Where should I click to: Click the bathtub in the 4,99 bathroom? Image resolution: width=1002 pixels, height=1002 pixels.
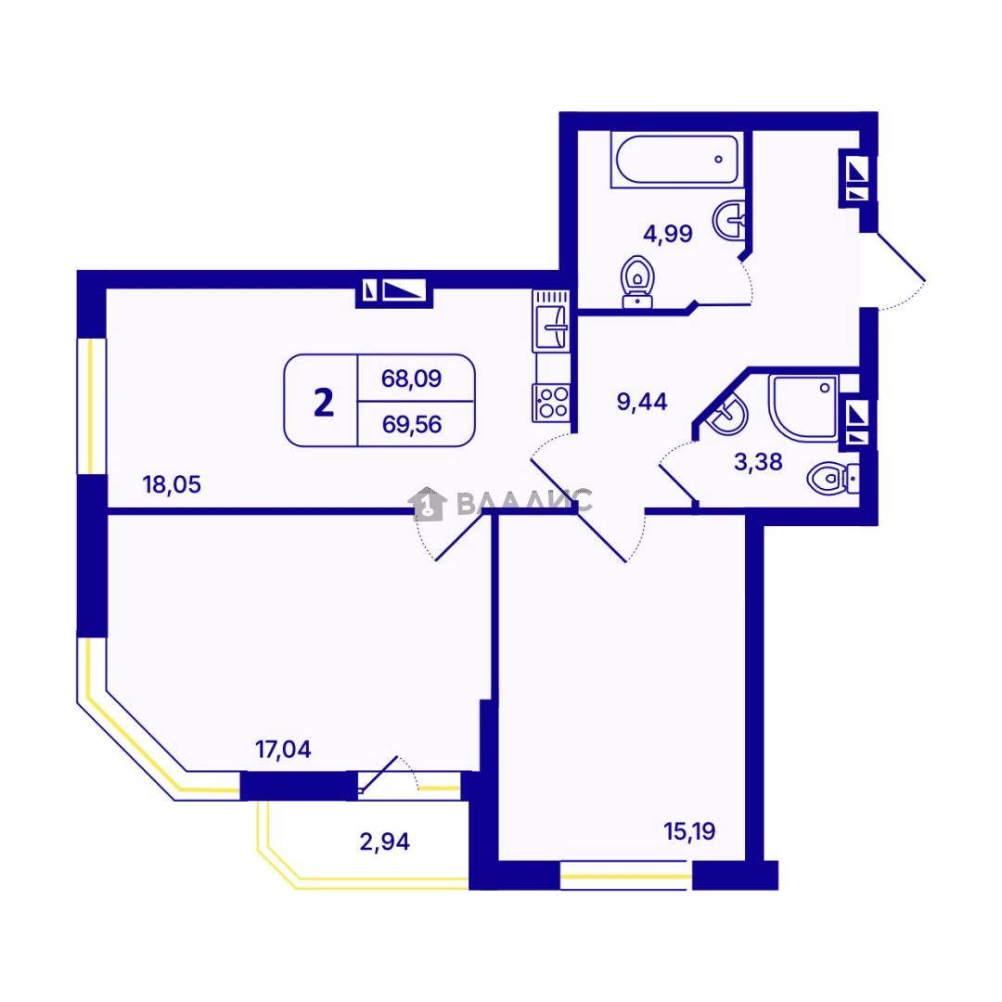[x=676, y=160]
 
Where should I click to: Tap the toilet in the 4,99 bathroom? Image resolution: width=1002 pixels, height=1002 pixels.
[x=637, y=282]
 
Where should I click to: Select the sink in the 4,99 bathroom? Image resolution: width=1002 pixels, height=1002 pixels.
[x=729, y=221]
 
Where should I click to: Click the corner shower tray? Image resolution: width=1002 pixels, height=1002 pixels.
[x=803, y=407]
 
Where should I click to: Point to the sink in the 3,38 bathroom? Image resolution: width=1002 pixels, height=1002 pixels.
[x=727, y=414]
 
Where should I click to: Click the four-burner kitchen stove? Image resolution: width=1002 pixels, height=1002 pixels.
[x=551, y=403]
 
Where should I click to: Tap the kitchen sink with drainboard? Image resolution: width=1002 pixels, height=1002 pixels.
[x=551, y=321]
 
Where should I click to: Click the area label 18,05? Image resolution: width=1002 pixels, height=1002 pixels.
[x=172, y=484]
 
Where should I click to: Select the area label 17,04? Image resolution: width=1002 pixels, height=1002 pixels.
[x=283, y=749]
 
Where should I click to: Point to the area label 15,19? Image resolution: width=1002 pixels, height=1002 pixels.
[x=689, y=831]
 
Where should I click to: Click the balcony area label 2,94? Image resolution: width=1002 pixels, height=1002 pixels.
[x=385, y=841]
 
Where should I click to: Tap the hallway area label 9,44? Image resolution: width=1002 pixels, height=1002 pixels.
[x=642, y=402]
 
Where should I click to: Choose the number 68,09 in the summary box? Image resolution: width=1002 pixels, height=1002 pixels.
[x=412, y=379]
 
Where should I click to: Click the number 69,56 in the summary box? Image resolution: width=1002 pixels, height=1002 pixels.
[x=412, y=424]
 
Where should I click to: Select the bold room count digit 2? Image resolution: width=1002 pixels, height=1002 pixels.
[x=324, y=403]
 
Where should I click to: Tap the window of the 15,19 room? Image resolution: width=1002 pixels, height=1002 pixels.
[x=626, y=876]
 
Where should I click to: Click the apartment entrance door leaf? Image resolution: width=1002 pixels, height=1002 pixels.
[x=901, y=257]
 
